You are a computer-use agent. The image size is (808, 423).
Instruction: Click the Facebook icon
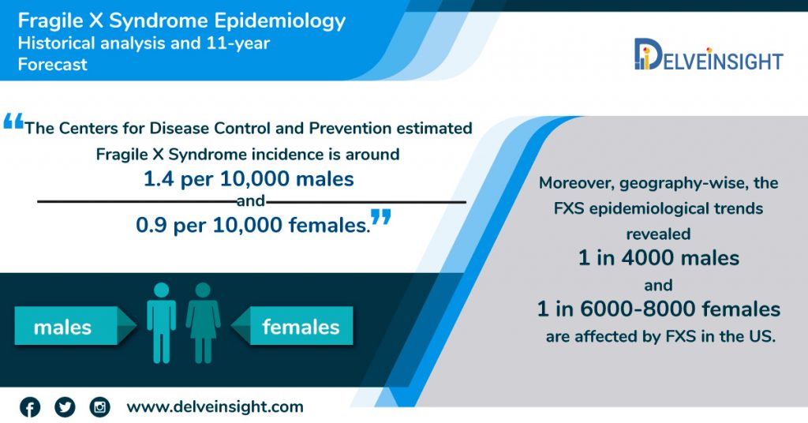click(30, 407)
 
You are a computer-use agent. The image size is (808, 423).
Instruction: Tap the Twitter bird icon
click(65, 407)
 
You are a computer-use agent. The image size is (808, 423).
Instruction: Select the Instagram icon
click(100, 407)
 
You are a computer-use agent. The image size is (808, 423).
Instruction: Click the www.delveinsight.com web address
click(215, 406)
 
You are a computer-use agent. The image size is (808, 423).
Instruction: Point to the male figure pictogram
click(161, 323)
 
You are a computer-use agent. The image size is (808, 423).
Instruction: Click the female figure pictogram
click(203, 323)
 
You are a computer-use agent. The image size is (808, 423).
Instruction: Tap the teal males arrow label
click(75, 326)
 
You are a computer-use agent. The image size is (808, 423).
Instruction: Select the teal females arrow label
click(292, 326)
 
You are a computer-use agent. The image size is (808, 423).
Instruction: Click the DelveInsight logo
click(709, 54)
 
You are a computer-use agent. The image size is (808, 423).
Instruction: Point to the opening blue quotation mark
click(13, 122)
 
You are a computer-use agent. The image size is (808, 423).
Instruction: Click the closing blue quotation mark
click(381, 216)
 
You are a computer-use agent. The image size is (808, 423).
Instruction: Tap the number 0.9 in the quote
click(151, 225)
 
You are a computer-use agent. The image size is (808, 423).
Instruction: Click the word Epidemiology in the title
click(280, 21)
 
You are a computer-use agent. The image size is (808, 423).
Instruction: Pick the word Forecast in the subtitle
click(53, 65)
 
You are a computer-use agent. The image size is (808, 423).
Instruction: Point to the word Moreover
click(576, 183)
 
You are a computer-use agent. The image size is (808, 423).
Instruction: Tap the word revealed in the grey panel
click(659, 234)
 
